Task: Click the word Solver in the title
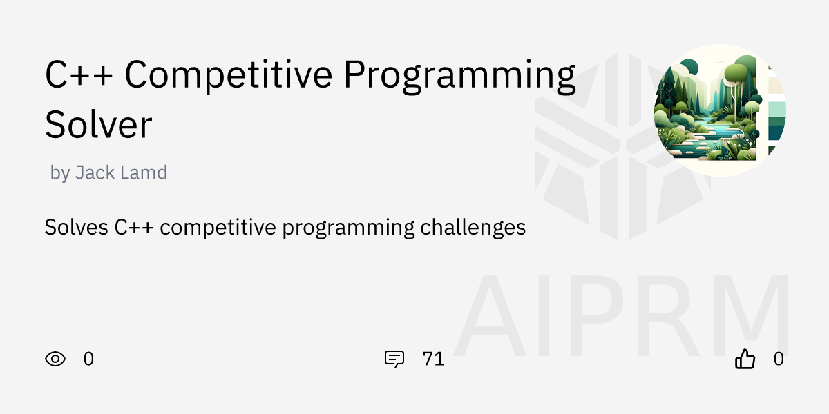pos(98,125)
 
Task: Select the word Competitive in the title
pos(229,75)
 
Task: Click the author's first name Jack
pos(96,172)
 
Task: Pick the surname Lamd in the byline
pos(144,172)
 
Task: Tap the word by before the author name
pos(60,172)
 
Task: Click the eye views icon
pos(55,359)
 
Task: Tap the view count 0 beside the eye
pos(88,359)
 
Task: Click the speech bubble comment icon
pos(394,359)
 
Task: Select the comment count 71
pos(433,359)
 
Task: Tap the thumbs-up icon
pos(745,359)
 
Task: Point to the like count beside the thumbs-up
pos(779,359)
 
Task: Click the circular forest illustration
pos(712,110)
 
